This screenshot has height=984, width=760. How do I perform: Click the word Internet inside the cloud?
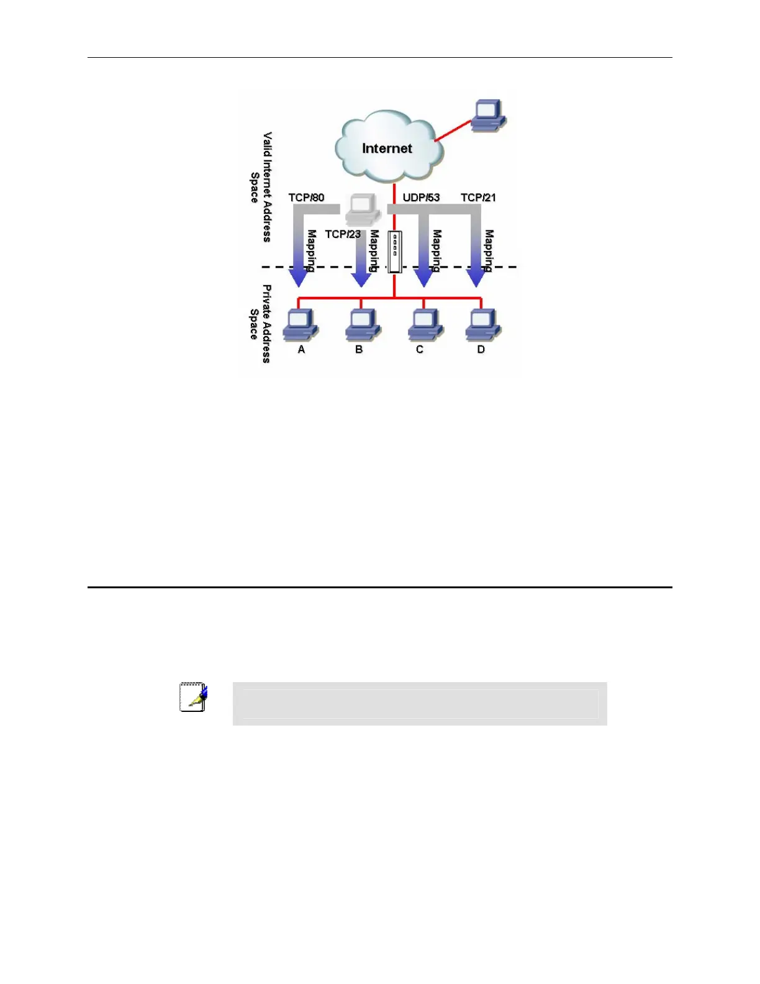[x=387, y=148]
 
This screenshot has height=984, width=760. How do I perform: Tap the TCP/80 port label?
[x=306, y=198]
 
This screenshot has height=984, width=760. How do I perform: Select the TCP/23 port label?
[x=342, y=234]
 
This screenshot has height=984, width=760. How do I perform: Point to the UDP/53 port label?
[x=421, y=198]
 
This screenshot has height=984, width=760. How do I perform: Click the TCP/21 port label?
[x=478, y=198]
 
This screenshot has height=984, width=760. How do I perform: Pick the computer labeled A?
[x=301, y=324]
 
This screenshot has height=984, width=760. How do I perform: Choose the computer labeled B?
[x=363, y=324]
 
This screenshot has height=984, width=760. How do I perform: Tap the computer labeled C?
[x=425, y=324]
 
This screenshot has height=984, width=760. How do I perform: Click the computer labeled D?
[x=483, y=324]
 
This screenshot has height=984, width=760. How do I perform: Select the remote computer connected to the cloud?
[x=489, y=115]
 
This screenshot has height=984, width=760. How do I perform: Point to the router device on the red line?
[x=394, y=252]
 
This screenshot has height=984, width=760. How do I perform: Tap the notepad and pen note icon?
[x=193, y=697]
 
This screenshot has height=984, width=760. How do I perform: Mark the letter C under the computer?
[x=420, y=350]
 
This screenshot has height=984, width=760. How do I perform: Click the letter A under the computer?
[x=301, y=350]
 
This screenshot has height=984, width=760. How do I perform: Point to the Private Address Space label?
[x=260, y=324]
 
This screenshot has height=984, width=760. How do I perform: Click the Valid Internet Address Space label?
[x=261, y=186]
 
